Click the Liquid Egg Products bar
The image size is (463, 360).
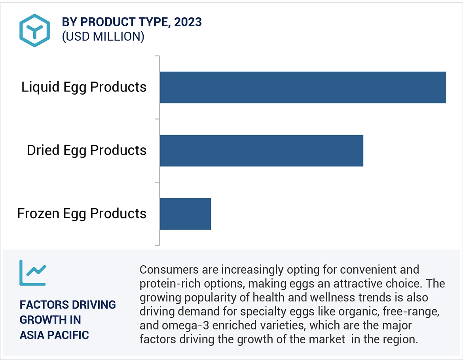tap(303, 87)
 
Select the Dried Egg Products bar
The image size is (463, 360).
tap(261, 150)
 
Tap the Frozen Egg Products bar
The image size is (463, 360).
tap(185, 214)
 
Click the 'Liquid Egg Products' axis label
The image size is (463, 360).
tap(84, 87)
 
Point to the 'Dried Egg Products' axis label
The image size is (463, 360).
tap(87, 150)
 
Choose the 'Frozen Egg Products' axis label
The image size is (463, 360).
tap(82, 213)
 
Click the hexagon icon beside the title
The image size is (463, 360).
tap(34, 30)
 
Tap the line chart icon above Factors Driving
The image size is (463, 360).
tap(33, 273)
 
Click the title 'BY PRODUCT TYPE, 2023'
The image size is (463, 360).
tap(132, 22)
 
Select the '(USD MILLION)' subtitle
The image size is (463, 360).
tap(103, 36)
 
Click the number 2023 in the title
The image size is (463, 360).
tap(188, 22)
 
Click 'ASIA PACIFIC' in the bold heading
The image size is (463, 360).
tap(54, 335)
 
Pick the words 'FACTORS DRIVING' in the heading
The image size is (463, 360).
tap(68, 305)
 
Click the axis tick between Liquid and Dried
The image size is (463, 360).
tap(157, 119)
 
